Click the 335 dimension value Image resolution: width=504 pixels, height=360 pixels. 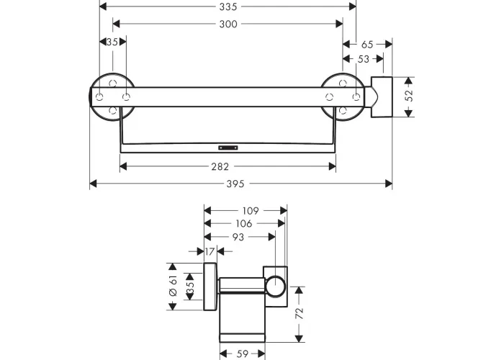pyautogui.click(x=228, y=6)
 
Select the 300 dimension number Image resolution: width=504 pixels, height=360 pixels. pyautogui.click(x=228, y=24)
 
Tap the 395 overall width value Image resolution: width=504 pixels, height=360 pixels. pyautogui.click(x=235, y=184)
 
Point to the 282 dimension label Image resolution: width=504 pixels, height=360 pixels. pyautogui.click(x=220, y=166)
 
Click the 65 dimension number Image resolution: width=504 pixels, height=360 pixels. pyautogui.click(x=367, y=45)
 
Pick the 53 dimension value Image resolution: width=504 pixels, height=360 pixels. pyautogui.click(x=363, y=59)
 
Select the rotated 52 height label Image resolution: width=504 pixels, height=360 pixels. pyautogui.click(x=409, y=96)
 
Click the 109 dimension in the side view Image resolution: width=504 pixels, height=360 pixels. pyautogui.click(x=251, y=211)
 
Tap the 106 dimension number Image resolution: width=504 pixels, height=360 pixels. pyautogui.click(x=244, y=224)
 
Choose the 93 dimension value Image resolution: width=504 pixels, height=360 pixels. pyautogui.click(x=238, y=237)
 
